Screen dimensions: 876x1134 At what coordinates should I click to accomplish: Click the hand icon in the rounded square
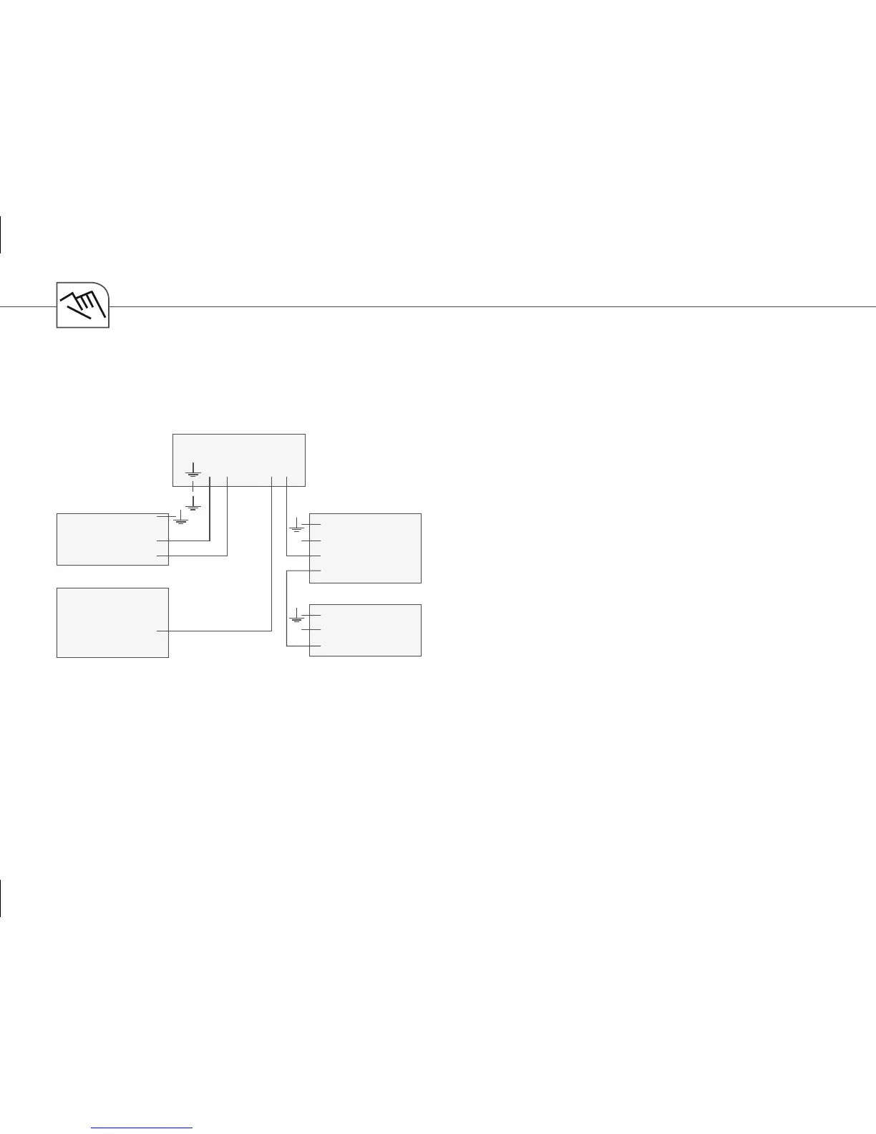[83, 305]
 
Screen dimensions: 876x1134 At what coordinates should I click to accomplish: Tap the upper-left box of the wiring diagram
[107, 538]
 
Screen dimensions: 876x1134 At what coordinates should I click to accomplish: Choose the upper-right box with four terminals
[369, 548]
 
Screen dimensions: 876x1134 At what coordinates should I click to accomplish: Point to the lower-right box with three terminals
[369, 630]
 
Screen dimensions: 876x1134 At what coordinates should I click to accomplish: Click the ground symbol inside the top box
[193, 472]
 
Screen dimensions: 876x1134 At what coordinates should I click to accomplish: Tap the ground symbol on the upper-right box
[296, 527]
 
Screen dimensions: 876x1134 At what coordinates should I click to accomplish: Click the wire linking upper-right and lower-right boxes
[287, 609]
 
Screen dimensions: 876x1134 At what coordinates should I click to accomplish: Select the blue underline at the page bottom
[143, 1128]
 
